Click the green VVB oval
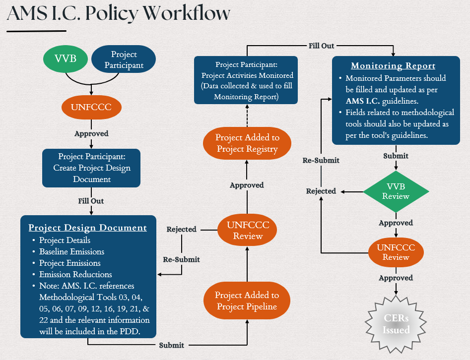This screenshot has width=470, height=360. pos(66,60)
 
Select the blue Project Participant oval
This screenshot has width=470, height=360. pos(124,60)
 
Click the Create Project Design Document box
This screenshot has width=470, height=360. pos(91,168)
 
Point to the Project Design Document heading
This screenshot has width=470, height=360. pos(87,228)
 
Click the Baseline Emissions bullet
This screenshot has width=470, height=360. pos(71,252)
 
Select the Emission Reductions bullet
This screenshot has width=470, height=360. pos(75,275)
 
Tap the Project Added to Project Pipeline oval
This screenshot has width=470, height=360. pos(247,301)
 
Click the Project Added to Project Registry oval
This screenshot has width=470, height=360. pos(247,143)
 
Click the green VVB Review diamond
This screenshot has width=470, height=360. pos(396,191)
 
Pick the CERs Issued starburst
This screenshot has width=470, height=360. pos(396,324)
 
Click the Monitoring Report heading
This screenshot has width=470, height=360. pos(393,66)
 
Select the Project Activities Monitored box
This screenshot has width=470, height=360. pos(246,80)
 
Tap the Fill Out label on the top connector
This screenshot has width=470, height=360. pos(321,46)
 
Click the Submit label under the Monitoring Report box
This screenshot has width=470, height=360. pos(396,156)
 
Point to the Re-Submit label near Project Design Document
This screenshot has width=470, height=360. pos(182,259)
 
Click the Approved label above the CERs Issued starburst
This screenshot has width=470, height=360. pos(396,278)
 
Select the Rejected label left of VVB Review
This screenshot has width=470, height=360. pos(321,191)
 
